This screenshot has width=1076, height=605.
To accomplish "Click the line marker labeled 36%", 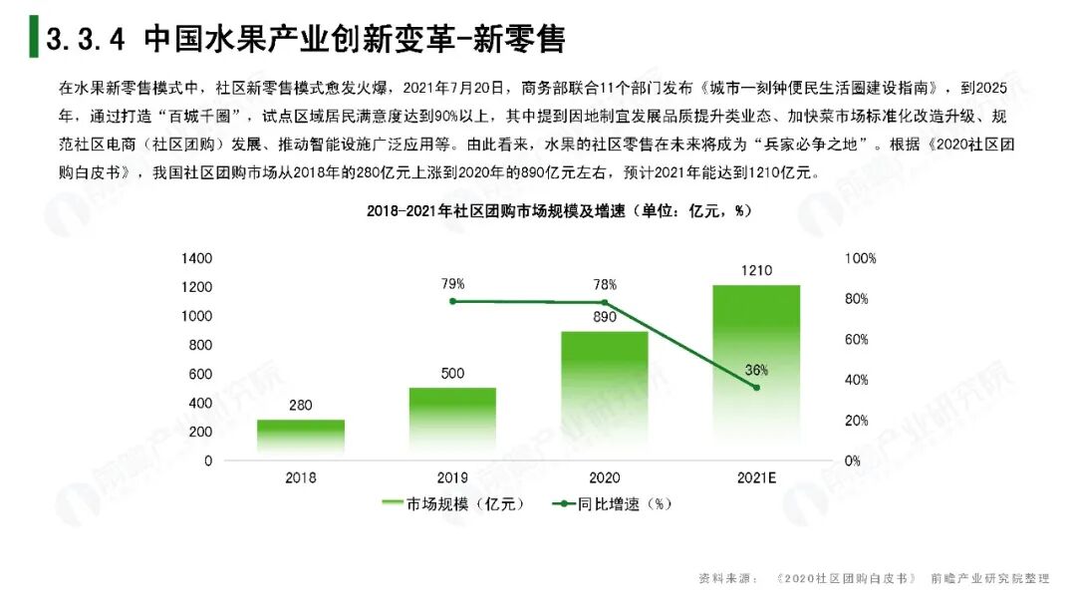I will coord(756,388).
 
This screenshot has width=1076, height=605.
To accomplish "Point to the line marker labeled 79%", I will coord(452,301).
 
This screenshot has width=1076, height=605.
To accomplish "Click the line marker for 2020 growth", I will coord(604,303).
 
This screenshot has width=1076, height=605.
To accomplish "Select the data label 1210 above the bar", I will coord(756,270).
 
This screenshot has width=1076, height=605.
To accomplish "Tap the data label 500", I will coord(452,374).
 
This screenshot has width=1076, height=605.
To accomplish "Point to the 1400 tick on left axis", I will coord(196,258).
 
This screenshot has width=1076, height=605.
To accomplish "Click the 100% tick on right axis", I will coord(860,258).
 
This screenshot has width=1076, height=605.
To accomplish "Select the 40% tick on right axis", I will coord(857,380).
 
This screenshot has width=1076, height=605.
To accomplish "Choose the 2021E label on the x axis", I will coord(756,477).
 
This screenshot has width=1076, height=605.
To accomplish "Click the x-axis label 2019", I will coord(452,477).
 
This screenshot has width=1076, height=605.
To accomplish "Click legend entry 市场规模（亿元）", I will coord(454,504).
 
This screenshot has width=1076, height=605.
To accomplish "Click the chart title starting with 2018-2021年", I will coord(558,211).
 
